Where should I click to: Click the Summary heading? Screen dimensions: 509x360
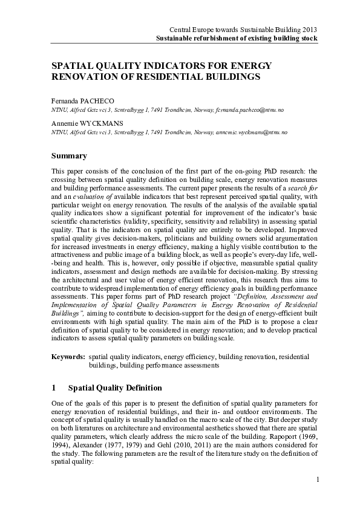click(x=70, y=156)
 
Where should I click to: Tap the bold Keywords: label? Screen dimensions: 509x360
click(x=69, y=357)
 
